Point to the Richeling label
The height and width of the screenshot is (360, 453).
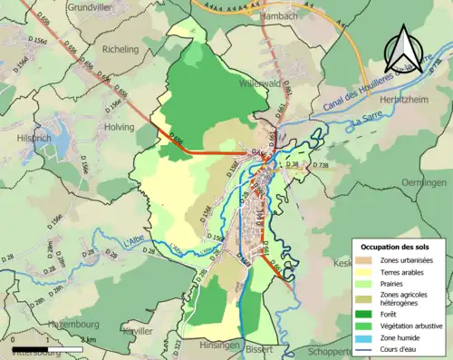click(x=126, y=51)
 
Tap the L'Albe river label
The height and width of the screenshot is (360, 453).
click(x=132, y=241)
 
